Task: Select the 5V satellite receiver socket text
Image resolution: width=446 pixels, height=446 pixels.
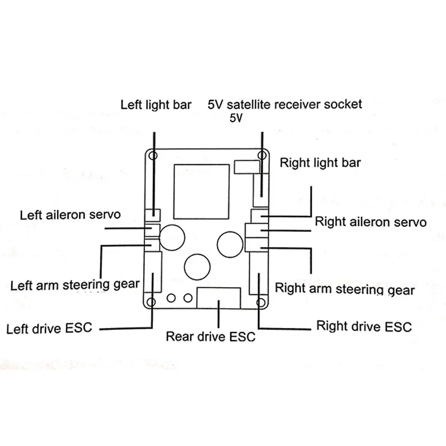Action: coord(284,104)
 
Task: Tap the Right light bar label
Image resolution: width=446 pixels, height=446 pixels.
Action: coord(320,163)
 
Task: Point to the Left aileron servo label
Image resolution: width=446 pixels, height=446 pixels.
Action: coord(70,215)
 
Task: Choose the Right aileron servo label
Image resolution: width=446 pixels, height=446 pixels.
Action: coord(371,222)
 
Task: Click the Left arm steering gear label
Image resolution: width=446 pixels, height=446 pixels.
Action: coord(75,285)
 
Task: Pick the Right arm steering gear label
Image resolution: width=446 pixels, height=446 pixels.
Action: coord(345,289)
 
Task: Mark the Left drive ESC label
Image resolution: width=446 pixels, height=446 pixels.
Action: coord(49,328)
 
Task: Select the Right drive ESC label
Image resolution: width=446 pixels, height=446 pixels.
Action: coord(363,326)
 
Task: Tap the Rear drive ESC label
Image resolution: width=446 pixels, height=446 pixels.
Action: coord(211,337)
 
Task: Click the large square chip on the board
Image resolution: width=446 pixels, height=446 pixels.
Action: coord(201,191)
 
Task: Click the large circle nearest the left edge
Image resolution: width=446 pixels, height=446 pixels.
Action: coord(173,237)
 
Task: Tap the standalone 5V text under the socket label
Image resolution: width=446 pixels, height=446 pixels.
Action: coord(236,118)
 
